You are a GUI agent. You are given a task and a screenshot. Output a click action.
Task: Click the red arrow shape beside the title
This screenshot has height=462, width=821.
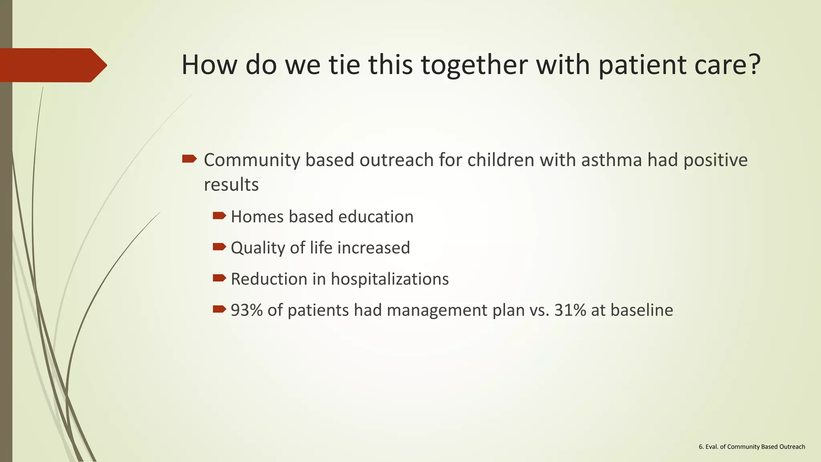point(52,65)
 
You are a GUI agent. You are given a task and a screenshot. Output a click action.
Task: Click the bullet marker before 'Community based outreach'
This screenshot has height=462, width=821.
point(189,159)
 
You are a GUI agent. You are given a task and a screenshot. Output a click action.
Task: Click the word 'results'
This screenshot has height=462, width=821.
point(231,185)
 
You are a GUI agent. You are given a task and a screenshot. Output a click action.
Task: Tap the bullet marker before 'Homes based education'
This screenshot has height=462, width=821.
point(219,216)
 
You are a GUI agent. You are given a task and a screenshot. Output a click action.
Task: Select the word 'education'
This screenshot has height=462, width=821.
point(376,217)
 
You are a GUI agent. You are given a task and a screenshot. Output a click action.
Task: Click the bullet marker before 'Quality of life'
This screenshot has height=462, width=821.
point(219,247)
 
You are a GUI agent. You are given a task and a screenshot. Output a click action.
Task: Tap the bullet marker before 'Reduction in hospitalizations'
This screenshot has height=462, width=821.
point(219,278)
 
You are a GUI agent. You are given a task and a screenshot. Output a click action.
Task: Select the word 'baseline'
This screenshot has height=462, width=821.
point(642,310)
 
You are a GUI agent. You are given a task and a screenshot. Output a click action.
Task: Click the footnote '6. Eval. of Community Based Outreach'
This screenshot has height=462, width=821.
point(752,447)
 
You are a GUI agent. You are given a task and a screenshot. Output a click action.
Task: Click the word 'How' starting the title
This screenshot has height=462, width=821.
point(209,65)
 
